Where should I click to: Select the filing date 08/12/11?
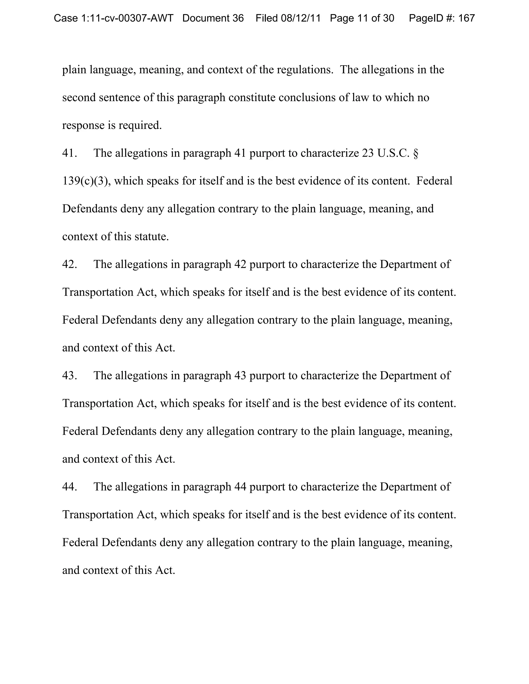point(301,18)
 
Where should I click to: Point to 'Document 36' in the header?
point(213,18)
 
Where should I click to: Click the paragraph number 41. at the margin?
point(69,153)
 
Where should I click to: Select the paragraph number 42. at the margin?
point(69,264)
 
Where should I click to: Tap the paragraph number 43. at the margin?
point(69,376)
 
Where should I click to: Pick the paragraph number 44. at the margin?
point(69,487)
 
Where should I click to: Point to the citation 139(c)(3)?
point(86,181)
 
